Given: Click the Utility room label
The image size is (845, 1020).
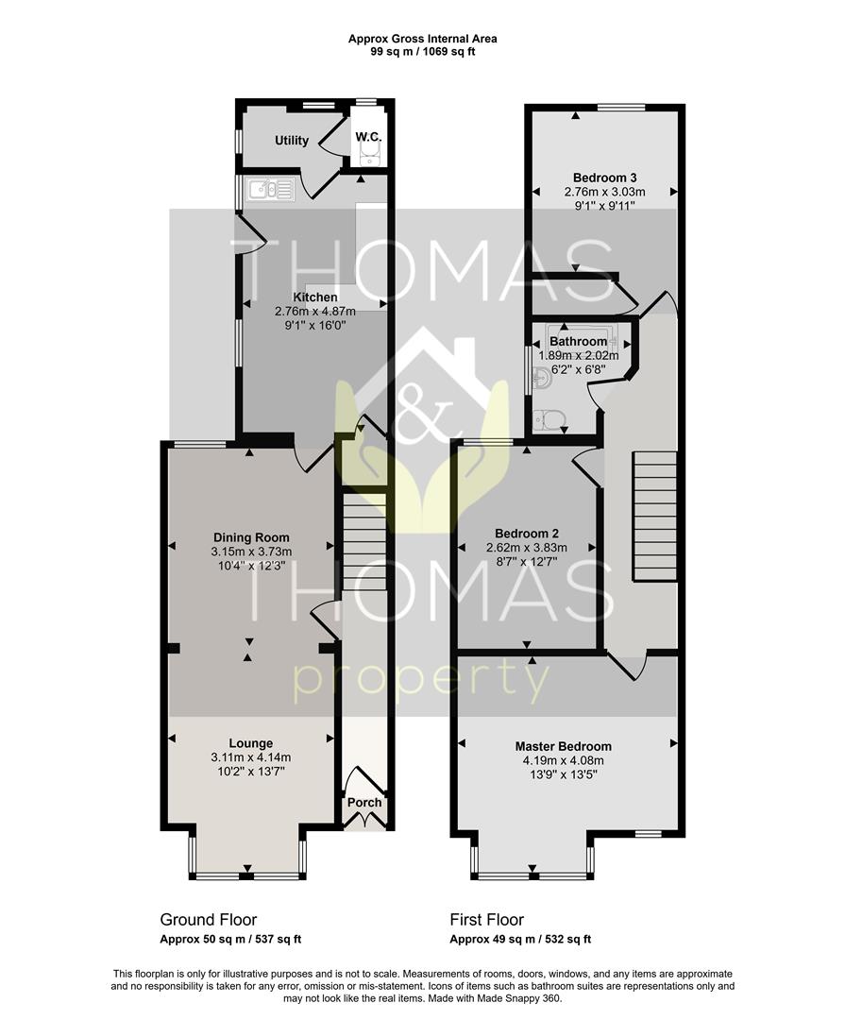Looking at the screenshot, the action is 292,141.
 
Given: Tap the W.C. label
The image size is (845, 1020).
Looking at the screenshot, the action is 368,137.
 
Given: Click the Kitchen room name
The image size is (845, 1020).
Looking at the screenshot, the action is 314,297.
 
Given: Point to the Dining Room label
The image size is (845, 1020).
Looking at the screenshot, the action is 251,537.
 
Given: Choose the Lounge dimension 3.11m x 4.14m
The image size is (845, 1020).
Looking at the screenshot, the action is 251,757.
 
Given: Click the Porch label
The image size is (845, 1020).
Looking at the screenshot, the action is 364,802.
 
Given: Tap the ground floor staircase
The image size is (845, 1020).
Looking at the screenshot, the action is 364,541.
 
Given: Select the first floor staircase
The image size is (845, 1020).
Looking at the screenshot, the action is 654,516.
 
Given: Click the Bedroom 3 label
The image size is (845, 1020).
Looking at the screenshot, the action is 604,178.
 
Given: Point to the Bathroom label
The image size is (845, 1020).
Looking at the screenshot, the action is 579,342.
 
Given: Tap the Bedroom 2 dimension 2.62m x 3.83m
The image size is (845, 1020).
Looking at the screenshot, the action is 527,548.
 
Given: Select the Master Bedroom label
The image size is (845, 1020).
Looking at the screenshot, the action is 564,746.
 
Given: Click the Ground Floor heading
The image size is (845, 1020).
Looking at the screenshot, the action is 208,920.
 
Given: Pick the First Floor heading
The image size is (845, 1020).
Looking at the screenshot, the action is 486,920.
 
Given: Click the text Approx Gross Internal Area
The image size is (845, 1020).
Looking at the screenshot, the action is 423,39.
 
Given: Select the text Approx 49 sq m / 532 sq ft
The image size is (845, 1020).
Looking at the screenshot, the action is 520,940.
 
